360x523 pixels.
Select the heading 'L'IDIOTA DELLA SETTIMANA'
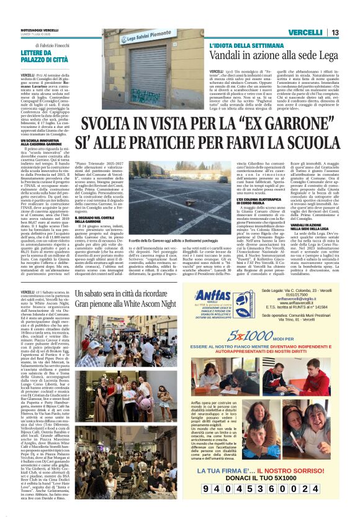pyautogui.click(x=240, y=46)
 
